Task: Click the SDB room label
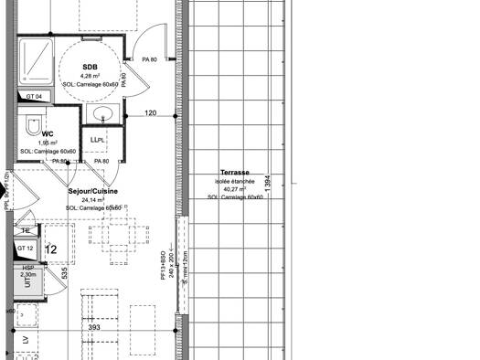click(x=90, y=68)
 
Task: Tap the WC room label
click(x=48, y=133)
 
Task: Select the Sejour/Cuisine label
click(x=93, y=191)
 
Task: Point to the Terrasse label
click(x=235, y=173)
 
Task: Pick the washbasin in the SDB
click(x=103, y=113)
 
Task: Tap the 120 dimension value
click(x=152, y=113)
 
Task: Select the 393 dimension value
click(x=93, y=327)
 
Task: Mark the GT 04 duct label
click(x=34, y=97)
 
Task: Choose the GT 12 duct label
click(x=26, y=249)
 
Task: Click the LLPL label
click(x=96, y=139)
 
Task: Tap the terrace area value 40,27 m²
click(x=235, y=189)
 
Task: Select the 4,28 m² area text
click(x=90, y=76)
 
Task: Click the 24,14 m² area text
click(x=93, y=199)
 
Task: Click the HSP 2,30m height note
click(x=28, y=271)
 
